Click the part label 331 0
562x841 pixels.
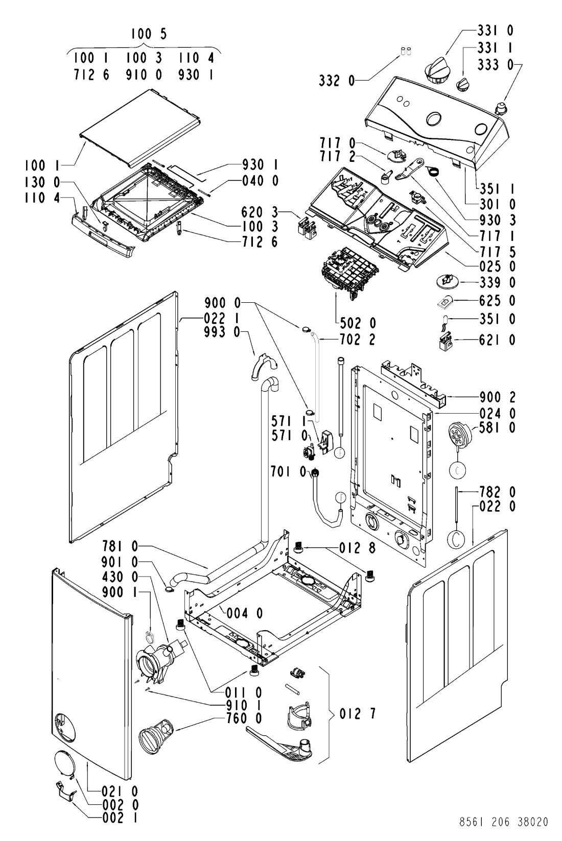coord(496,30)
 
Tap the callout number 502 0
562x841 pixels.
coord(358,323)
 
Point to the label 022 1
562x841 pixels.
coord(222,319)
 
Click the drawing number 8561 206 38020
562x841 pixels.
coord(504,822)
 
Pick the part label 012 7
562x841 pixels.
coord(358,714)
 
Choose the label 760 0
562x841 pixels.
coord(244,718)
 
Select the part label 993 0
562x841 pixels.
coord(222,332)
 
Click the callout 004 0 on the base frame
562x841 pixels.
coord(245,613)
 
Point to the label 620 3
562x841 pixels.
coord(260,212)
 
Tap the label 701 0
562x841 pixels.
coord(289,471)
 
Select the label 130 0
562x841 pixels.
coord(42,182)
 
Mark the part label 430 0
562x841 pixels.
coord(120,576)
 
